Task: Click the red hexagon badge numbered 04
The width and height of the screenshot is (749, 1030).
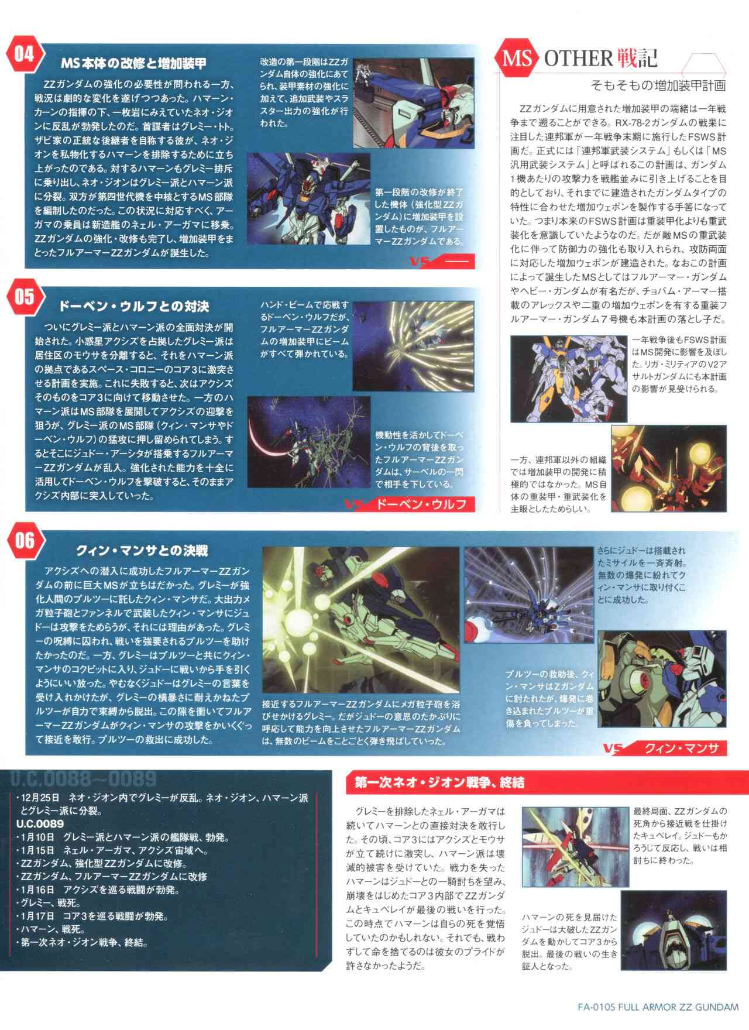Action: [24, 54]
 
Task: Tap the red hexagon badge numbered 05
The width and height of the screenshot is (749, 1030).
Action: [24, 297]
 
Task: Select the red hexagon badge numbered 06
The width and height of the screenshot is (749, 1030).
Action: [24, 540]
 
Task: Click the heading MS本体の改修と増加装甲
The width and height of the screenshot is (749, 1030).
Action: [133, 63]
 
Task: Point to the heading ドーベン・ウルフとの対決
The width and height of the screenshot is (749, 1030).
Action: [133, 306]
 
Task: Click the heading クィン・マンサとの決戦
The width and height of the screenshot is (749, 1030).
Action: [142, 551]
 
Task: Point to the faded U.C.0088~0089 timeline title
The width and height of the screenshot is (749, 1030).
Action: [83, 779]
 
